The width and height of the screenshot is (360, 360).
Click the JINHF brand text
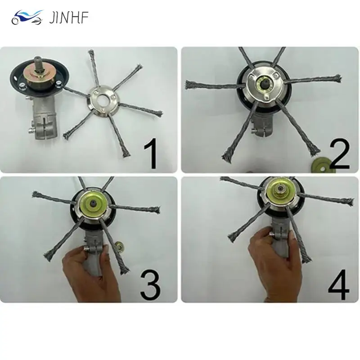69,18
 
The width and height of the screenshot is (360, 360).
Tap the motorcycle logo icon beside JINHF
27,17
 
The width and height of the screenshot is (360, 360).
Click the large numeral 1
151,153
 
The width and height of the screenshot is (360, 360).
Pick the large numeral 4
338,284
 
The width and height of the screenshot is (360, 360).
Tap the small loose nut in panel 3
119,245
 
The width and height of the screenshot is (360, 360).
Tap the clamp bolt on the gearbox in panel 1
31,131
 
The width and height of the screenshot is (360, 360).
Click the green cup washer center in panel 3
93,203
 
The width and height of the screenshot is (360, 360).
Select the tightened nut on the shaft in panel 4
280,189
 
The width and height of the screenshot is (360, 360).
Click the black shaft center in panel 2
264,84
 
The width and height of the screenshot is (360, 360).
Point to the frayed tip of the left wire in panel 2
189,85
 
